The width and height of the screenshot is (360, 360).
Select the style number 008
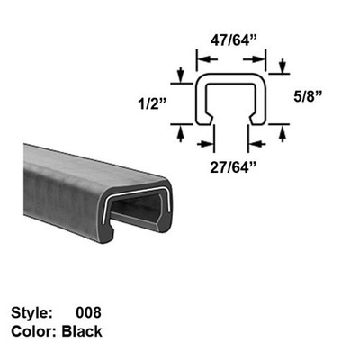[x=92, y=314]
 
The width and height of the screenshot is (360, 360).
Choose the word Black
[x=83, y=331]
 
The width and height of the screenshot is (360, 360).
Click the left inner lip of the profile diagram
[x=211, y=118]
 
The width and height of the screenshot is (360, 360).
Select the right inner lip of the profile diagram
[x=253, y=118]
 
